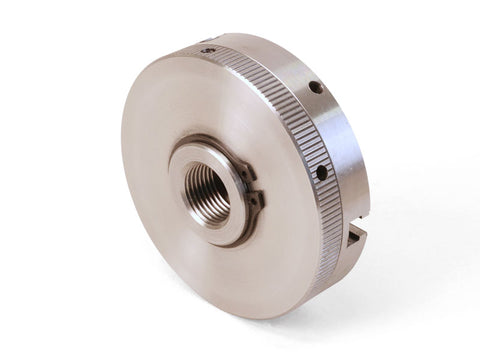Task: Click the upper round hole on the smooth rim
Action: (315, 88)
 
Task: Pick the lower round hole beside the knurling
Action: (321, 173)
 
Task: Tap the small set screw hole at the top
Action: (206, 49)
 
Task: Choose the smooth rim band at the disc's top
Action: (260, 50)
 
